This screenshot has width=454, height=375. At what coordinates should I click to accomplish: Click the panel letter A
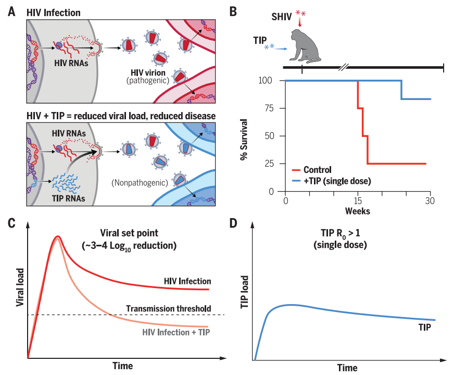[12, 11]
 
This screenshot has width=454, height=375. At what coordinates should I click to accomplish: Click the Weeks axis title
[357, 211]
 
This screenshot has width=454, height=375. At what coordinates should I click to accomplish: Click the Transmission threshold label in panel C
[168, 308]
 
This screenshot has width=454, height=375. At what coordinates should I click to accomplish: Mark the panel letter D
[234, 223]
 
